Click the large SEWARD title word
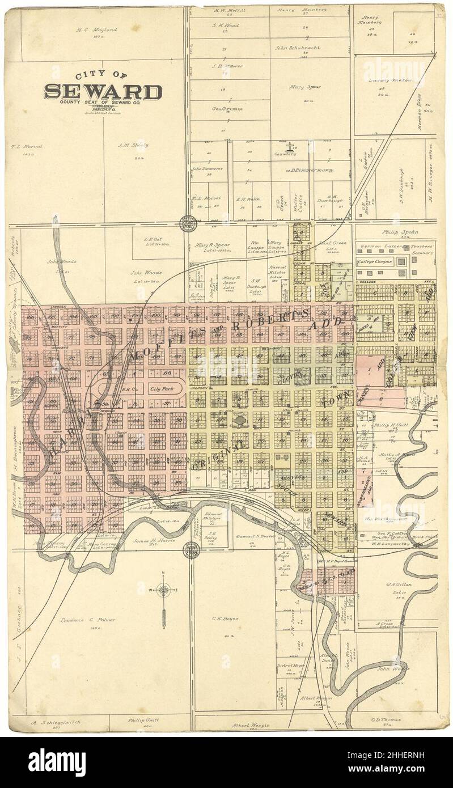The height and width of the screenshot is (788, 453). coord(103,92)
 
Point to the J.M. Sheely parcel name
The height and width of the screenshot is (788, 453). coord(133,145)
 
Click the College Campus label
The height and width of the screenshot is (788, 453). coord(375,262)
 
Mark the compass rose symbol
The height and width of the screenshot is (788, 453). coord(163,590)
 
